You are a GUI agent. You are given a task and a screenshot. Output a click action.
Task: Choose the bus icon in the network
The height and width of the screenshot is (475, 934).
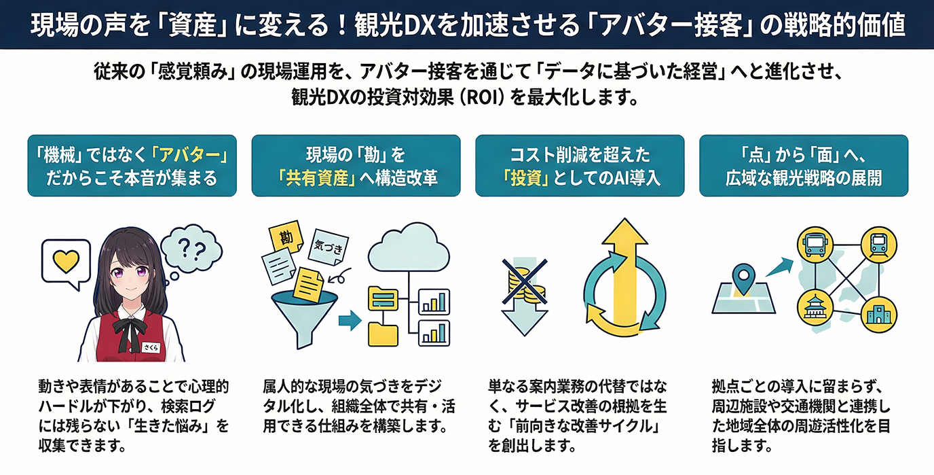pos(812,243)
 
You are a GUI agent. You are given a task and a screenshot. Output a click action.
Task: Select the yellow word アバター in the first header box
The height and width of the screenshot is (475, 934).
pos(190,155)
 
